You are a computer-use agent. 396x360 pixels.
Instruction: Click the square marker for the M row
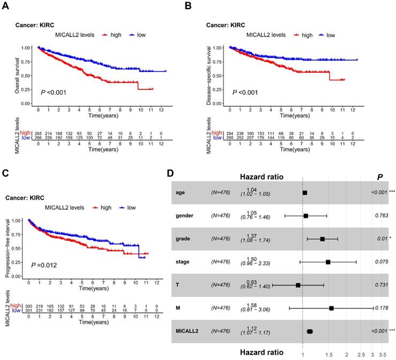point(331,308)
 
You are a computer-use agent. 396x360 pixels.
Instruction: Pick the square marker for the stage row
point(328,262)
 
